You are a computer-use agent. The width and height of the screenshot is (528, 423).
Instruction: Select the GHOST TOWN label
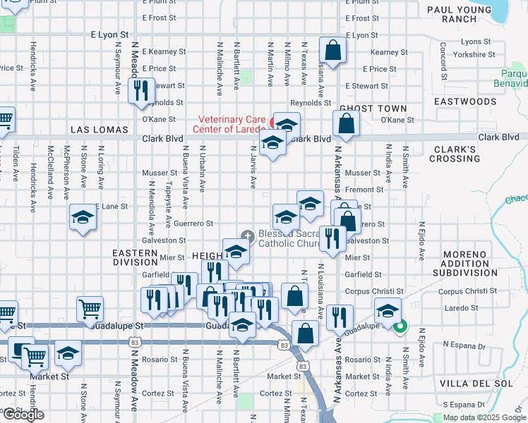click(373, 109)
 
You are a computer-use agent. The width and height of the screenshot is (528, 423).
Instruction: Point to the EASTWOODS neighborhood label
click(465, 102)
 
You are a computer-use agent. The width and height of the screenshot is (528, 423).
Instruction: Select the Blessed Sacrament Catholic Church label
click(289, 239)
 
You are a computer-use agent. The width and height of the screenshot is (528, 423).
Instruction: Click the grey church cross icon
click(247, 235)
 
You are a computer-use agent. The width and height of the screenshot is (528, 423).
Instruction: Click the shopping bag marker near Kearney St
click(332, 50)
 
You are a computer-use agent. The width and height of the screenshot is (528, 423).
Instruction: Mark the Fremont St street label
click(365, 190)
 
